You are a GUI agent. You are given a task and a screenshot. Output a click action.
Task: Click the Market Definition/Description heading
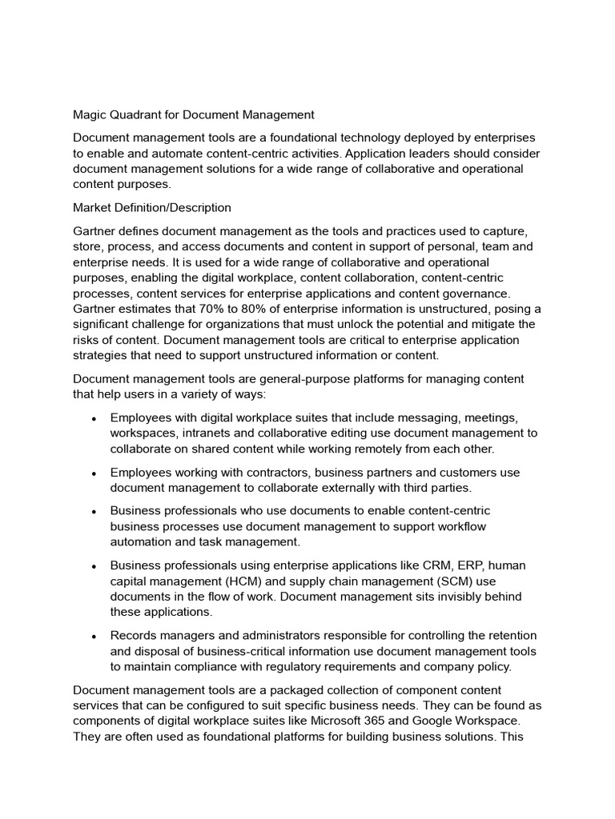(x=152, y=208)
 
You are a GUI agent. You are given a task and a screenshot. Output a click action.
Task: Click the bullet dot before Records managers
(x=94, y=637)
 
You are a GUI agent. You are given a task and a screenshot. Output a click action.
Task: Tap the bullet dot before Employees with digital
(x=94, y=417)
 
